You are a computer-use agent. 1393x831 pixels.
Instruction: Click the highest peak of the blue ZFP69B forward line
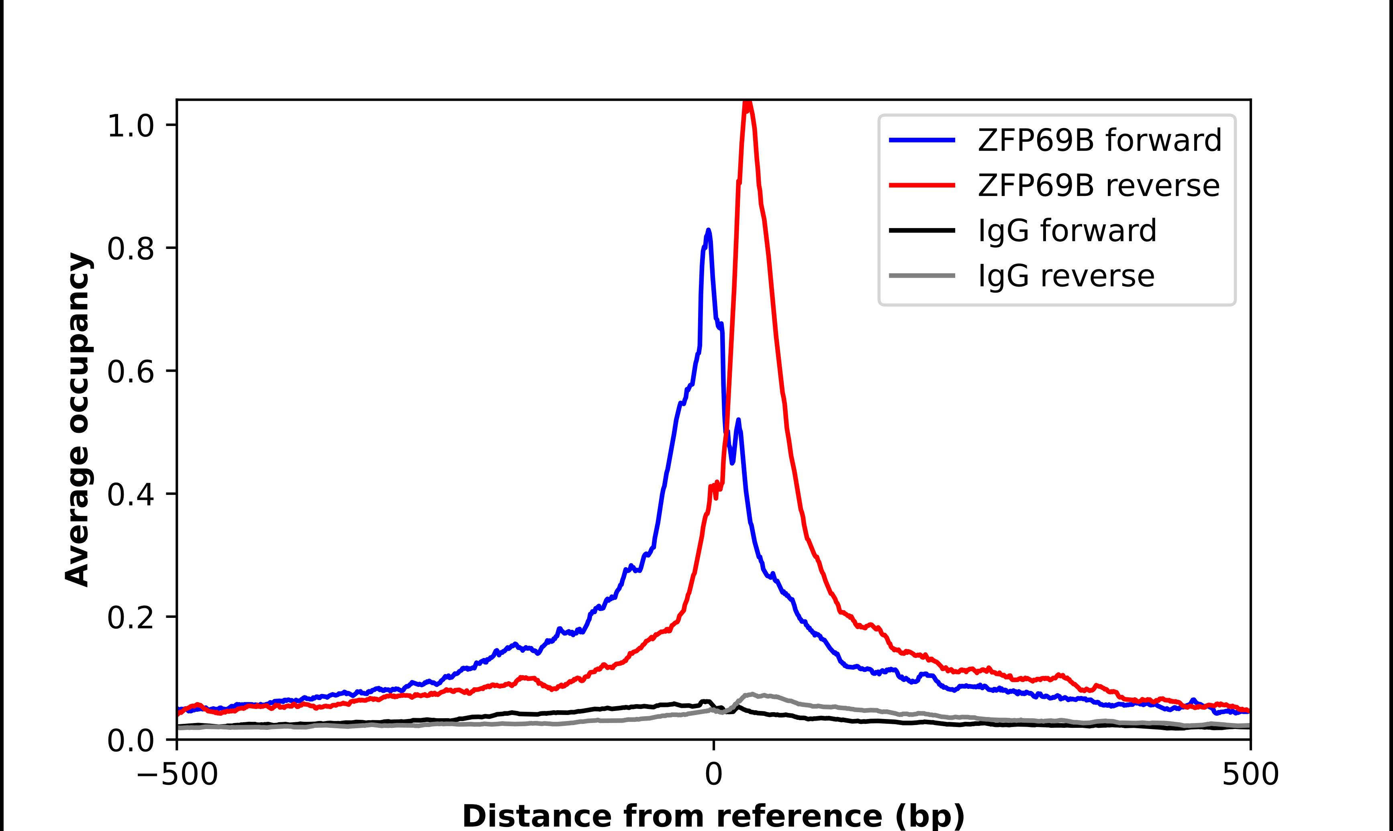tap(709, 230)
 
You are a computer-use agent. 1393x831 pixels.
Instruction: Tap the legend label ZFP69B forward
tap(1099, 140)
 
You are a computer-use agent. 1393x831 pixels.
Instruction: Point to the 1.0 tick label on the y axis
tap(130, 125)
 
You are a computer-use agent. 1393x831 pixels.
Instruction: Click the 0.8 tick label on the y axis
tap(130, 248)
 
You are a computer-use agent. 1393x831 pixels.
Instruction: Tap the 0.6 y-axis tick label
tap(130, 371)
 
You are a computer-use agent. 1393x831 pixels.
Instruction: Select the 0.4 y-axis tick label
tap(130, 495)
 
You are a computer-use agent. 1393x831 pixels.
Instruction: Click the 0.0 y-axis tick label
tap(130, 740)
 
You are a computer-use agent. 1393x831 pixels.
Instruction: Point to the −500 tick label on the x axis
tap(178, 774)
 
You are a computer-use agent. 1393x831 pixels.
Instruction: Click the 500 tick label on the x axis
tap(1250, 774)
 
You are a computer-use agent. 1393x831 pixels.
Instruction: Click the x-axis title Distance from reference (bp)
tap(713, 815)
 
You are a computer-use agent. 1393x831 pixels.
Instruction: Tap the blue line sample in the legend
tap(922, 140)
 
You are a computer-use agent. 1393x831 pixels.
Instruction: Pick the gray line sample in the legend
tap(922, 275)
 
